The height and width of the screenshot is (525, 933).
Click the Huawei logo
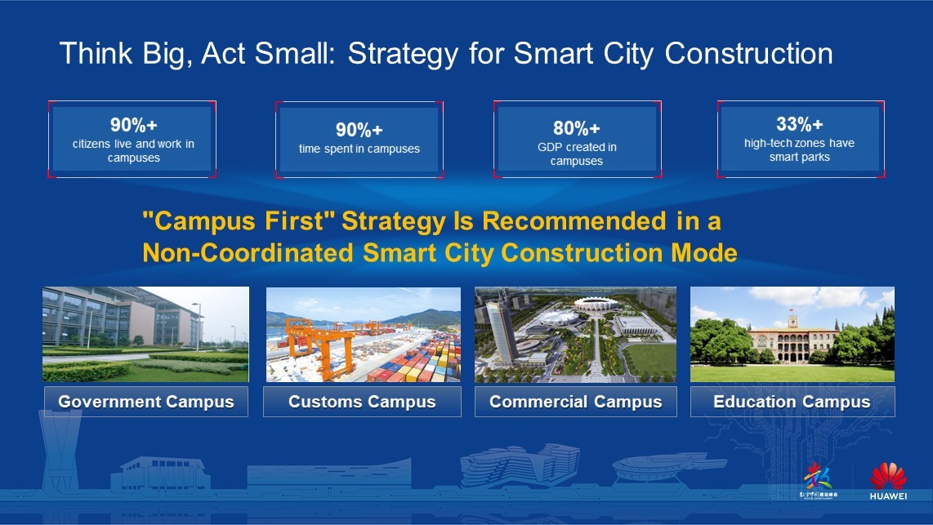(x=888, y=482)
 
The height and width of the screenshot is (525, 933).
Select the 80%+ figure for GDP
(x=577, y=128)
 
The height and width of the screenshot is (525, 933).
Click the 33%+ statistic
(x=799, y=124)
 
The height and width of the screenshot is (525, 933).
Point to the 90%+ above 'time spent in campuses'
(x=359, y=130)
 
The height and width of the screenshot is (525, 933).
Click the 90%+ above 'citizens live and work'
(x=133, y=125)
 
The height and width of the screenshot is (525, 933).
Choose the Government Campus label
(x=146, y=402)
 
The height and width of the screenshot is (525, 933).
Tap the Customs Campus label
(x=362, y=402)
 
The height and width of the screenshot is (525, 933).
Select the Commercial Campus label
(x=575, y=402)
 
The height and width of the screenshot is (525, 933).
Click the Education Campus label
(x=792, y=402)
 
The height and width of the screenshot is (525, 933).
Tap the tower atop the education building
(x=791, y=318)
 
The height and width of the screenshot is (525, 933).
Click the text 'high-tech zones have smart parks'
(x=799, y=150)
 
